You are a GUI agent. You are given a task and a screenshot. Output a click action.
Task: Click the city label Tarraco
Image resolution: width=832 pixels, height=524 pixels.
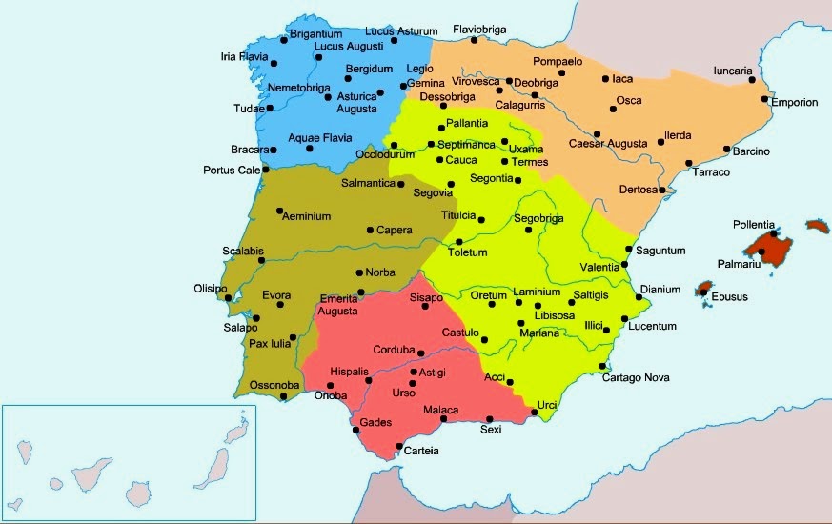click(x=711, y=172)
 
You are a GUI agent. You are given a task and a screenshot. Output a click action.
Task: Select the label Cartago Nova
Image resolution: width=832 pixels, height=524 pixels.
click(x=636, y=377)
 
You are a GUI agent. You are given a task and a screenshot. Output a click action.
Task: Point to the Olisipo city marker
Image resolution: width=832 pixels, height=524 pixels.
click(x=229, y=297)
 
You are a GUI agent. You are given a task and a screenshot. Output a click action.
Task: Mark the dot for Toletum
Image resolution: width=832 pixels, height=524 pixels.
click(x=458, y=241)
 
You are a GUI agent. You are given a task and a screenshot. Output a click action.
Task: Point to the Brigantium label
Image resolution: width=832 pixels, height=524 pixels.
click(x=315, y=33)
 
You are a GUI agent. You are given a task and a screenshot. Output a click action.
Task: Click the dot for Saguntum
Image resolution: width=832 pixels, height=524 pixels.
click(x=627, y=250)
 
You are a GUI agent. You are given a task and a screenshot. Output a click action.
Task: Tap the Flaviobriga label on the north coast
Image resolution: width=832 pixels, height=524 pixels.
click(x=484, y=29)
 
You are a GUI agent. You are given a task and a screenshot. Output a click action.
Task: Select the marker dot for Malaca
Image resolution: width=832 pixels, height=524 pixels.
click(x=443, y=420)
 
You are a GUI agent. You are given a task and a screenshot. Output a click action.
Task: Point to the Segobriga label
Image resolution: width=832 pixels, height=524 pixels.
click(x=539, y=218)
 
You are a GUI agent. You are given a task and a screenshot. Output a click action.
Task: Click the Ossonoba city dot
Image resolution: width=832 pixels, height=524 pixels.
click(x=283, y=396)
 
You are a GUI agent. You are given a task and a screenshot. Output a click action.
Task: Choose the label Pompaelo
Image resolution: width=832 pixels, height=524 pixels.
click(x=558, y=62)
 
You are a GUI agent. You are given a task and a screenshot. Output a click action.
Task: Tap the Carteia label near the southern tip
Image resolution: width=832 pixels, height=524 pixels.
click(x=421, y=451)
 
